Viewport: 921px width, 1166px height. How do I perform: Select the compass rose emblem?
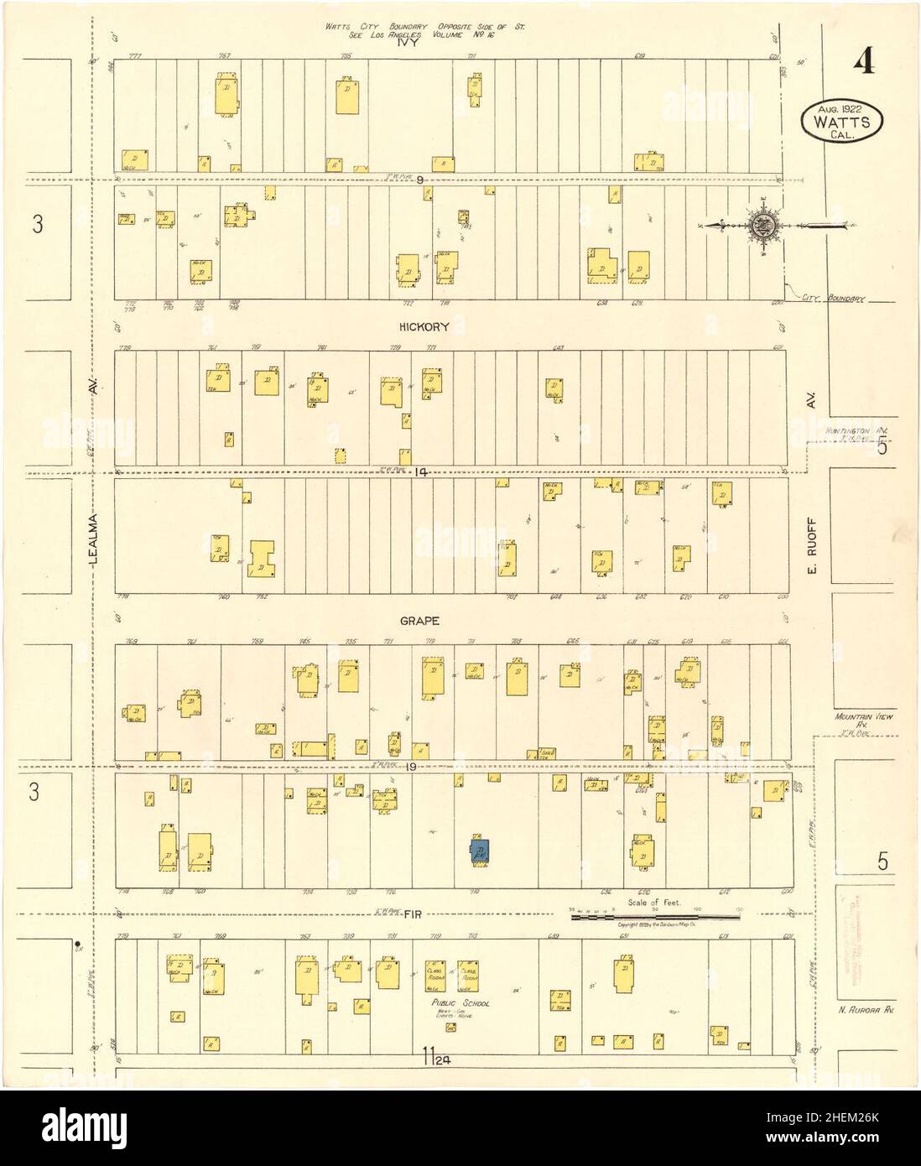click(x=762, y=225)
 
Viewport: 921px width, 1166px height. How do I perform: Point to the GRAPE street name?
click(x=425, y=622)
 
